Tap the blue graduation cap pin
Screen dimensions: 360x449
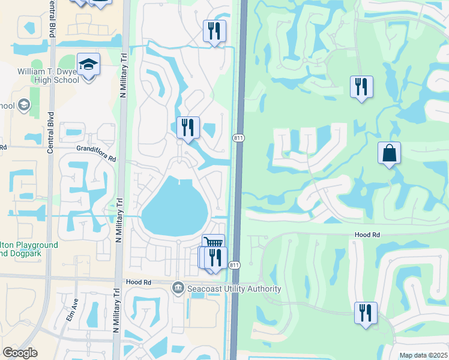89,65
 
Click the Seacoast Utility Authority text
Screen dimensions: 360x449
234,289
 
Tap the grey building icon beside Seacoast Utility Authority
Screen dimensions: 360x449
178,289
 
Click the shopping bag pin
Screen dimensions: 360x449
389,154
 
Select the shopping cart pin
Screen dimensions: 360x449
213,243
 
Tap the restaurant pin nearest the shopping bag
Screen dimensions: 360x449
361,87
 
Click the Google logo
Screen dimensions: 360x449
20,353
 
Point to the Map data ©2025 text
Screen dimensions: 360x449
423,355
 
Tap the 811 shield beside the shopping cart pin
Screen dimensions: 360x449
235,265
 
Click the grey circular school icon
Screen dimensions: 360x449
24,106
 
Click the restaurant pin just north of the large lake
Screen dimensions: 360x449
188,128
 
